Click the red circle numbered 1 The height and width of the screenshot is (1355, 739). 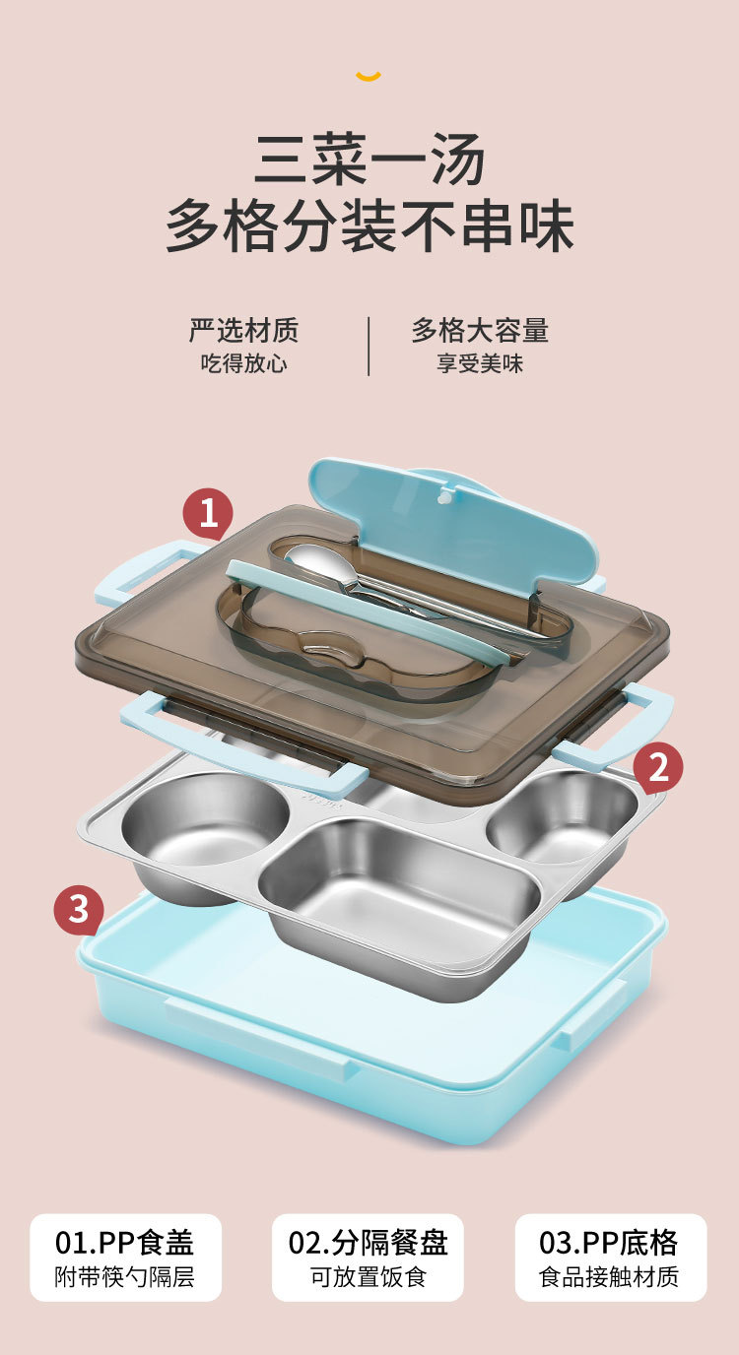[x=208, y=515]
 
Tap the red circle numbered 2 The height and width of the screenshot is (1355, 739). [x=657, y=768]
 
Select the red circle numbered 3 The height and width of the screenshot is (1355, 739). [x=79, y=910]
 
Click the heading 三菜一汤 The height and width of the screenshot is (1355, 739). [x=369, y=160]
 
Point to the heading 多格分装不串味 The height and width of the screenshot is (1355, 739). [x=369, y=226]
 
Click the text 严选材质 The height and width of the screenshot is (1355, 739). [x=243, y=331]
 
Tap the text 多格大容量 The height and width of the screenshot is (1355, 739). [x=480, y=331]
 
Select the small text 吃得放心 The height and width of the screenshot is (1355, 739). [x=243, y=363]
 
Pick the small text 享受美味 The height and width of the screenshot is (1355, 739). [x=480, y=363]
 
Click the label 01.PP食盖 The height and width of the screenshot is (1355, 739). [x=125, y=1243]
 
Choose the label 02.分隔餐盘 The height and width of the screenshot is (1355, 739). [x=368, y=1243]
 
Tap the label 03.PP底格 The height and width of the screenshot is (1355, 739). [x=609, y=1243]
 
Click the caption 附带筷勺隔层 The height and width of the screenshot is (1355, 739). [x=125, y=1278]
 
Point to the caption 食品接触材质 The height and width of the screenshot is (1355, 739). [x=609, y=1278]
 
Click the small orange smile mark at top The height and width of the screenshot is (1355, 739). [x=369, y=76]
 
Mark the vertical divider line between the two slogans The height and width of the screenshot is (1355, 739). [x=369, y=346]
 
